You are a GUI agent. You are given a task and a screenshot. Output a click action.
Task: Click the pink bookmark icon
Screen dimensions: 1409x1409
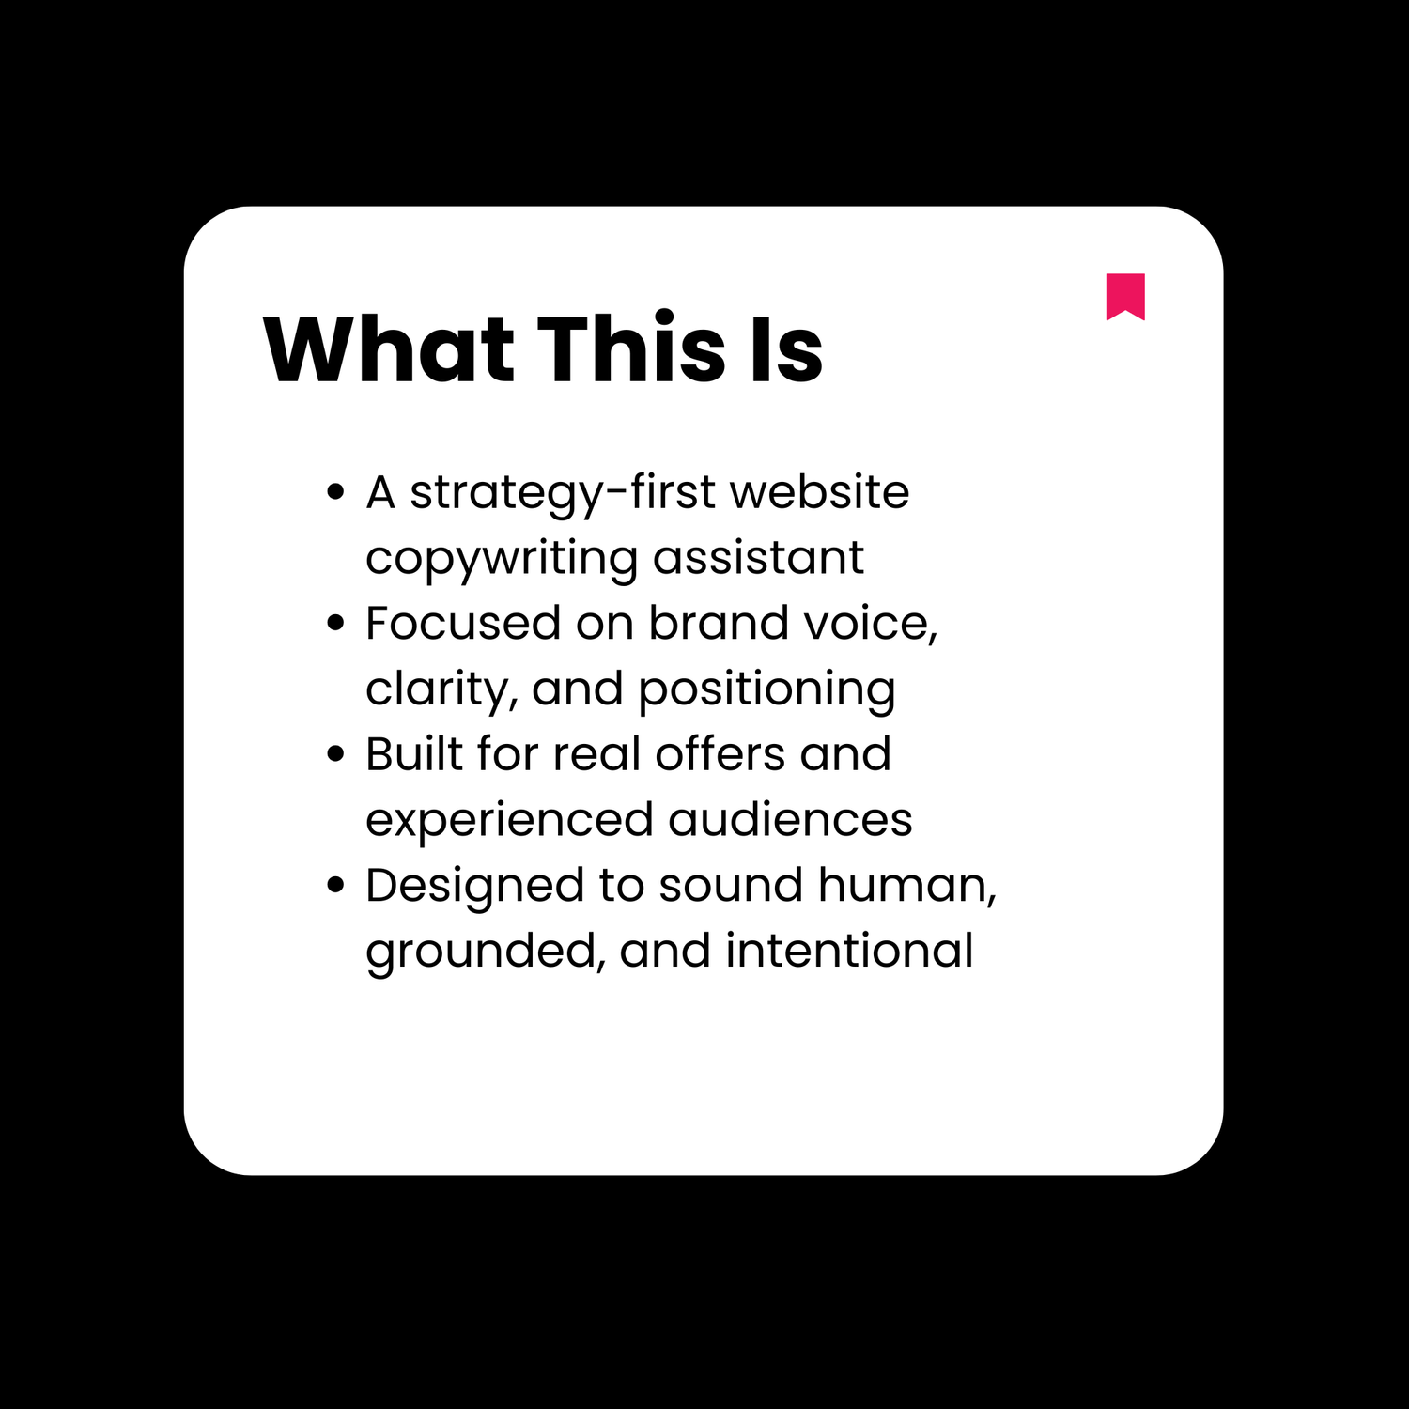pyautogui.click(x=1125, y=295)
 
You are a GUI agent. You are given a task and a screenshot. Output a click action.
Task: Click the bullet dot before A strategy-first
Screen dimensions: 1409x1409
pyautogui.click(x=335, y=492)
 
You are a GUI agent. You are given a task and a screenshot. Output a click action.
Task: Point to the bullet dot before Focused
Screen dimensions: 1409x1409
pyautogui.click(x=335, y=623)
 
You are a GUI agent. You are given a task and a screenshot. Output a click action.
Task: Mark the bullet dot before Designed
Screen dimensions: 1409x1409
pyautogui.click(x=335, y=885)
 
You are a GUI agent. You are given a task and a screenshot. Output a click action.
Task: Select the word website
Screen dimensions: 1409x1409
pyautogui.click(x=819, y=492)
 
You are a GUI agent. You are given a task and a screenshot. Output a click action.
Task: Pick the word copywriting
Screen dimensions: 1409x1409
pyautogui.click(x=502, y=560)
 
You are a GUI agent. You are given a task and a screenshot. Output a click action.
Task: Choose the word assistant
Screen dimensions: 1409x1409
pyautogui.click(x=758, y=558)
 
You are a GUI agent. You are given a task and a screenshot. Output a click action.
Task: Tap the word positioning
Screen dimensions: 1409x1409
pyautogui.click(x=766, y=690)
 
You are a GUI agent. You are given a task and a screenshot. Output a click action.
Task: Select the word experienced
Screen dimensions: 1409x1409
pyautogui.click(x=508, y=821)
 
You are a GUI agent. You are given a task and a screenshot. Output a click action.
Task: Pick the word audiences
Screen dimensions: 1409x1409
pyautogui.click(x=790, y=819)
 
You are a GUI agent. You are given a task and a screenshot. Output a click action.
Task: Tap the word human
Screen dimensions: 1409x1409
pyautogui.click(x=906, y=886)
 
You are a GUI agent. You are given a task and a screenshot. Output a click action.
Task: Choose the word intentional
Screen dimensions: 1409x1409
pyautogui.click(x=849, y=951)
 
